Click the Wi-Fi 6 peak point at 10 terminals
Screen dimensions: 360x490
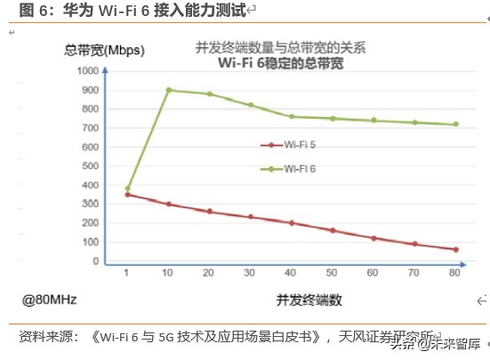click(x=169, y=90)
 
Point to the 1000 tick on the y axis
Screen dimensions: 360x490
click(x=88, y=70)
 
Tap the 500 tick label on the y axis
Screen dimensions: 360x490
click(x=91, y=166)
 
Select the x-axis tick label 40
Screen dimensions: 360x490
click(x=292, y=273)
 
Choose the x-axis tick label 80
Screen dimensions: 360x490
click(x=455, y=273)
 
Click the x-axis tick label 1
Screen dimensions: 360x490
click(x=128, y=273)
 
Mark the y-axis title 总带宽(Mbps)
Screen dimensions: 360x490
click(x=105, y=50)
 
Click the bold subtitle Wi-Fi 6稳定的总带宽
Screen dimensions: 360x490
click(x=280, y=63)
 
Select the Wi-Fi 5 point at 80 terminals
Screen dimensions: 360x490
click(x=455, y=250)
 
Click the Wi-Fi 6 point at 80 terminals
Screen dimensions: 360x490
click(x=455, y=124)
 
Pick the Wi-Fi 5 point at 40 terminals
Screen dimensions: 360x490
click(x=292, y=222)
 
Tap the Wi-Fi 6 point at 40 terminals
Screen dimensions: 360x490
click(x=292, y=116)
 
